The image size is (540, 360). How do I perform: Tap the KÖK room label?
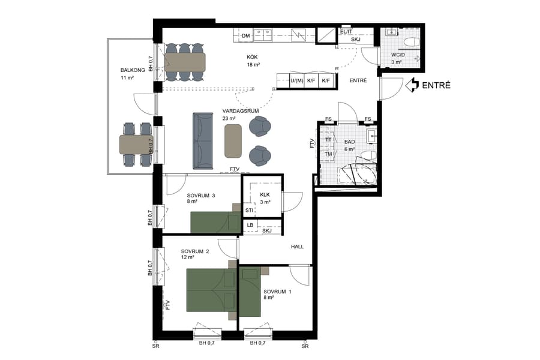coord(252,57)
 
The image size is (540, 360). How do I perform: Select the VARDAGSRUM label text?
coord(236,111)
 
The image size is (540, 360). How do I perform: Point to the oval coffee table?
coord(233,141)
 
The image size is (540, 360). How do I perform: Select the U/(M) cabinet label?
coord(295,81)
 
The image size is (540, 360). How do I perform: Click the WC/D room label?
coord(399,55)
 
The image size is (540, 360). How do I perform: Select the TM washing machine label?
coord(328,154)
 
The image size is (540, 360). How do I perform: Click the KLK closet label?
coord(265,195)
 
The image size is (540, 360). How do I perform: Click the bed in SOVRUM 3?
coord(213,221)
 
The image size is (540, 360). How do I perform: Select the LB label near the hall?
coord(250,226)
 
